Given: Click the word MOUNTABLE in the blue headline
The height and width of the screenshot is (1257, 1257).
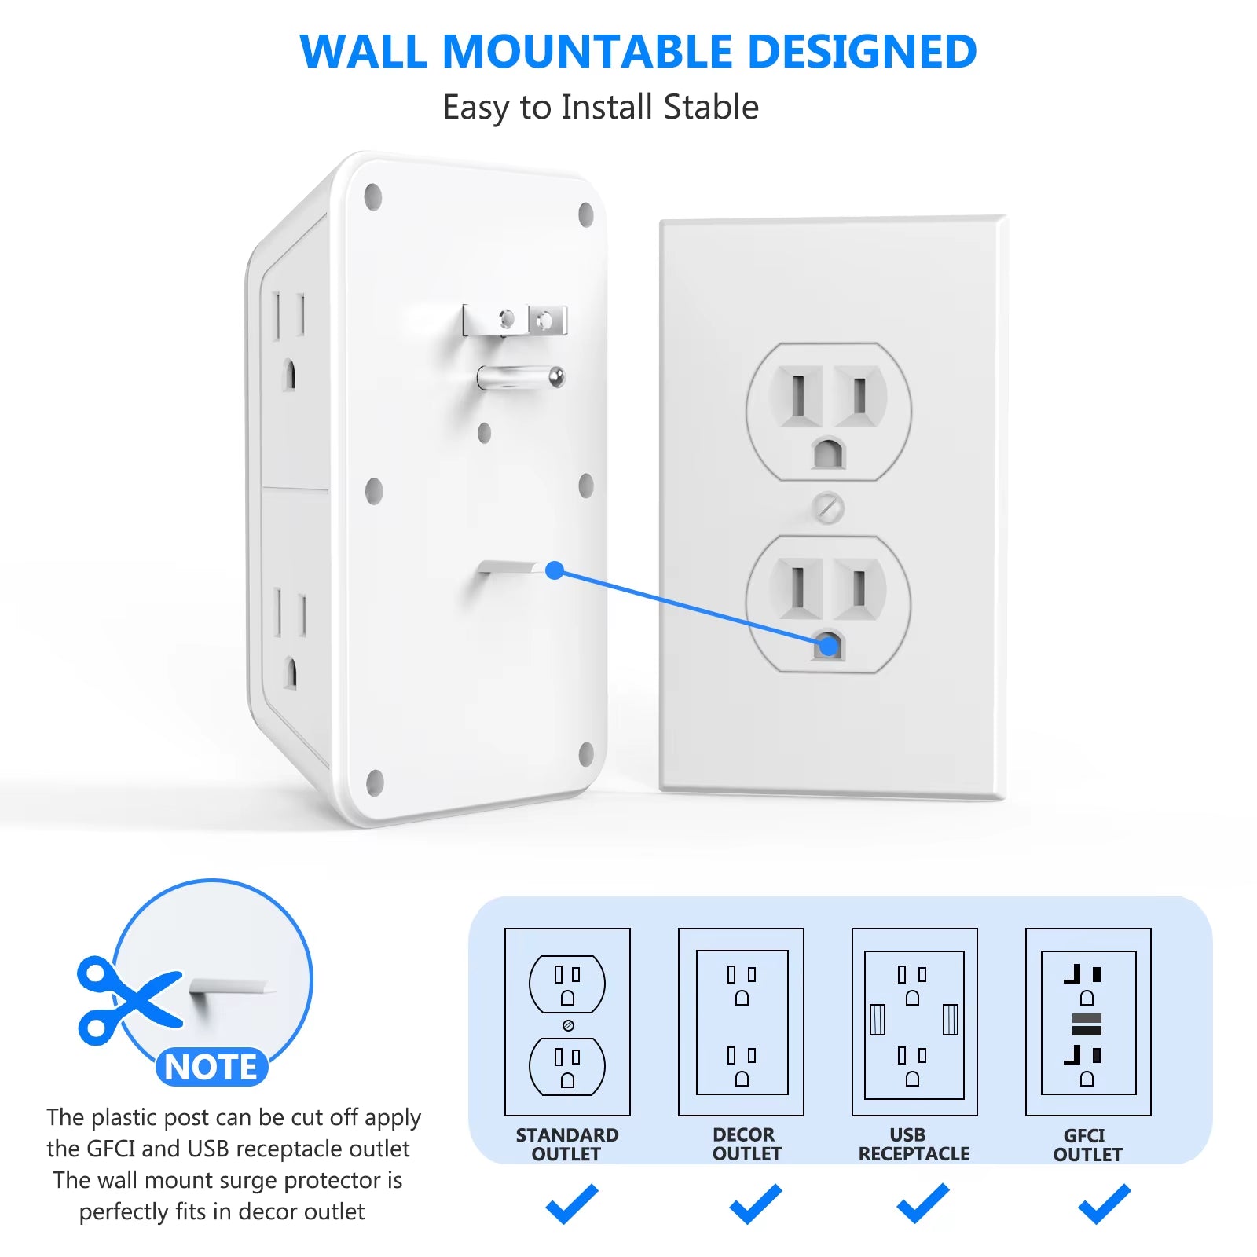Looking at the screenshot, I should click(x=587, y=52).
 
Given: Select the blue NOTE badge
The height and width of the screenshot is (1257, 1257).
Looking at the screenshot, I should click(x=211, y=1067).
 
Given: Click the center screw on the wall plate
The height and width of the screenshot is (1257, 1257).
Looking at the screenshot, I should click(x=828, y=508).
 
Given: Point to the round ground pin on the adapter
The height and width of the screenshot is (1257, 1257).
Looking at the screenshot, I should click(x=520, y=378).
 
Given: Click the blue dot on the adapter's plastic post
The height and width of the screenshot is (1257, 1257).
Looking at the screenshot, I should click(x=555, y=570).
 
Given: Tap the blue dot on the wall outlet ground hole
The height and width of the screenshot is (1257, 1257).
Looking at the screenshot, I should click(x=828, y=647).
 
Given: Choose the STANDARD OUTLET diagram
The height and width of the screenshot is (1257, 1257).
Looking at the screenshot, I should click(x=567, y=1021).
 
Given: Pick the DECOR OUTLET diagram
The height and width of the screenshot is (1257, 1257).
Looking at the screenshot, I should click(x=741, y=1021).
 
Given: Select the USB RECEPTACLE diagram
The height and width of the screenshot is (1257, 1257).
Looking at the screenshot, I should click(x=914, y=1021).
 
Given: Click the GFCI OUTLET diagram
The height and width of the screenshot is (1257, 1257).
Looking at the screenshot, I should click(x=1088, y=1021).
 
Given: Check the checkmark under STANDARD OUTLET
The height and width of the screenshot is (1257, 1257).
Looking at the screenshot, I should click(x=572, y=1204).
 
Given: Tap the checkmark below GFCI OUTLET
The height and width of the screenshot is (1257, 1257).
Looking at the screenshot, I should click(x=1105, y=1204).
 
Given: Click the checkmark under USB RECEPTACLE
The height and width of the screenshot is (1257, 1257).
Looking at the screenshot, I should click(x=923, y=1204).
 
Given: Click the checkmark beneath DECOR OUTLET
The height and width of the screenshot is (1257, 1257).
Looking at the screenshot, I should click(x=756, y=1204).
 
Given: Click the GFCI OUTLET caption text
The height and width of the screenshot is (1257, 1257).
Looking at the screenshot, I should click(x=1087, y=1145).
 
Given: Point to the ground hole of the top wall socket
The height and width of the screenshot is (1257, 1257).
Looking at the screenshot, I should click(x=828, y=454).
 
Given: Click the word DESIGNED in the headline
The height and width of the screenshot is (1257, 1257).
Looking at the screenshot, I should click(x=862, y=52).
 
